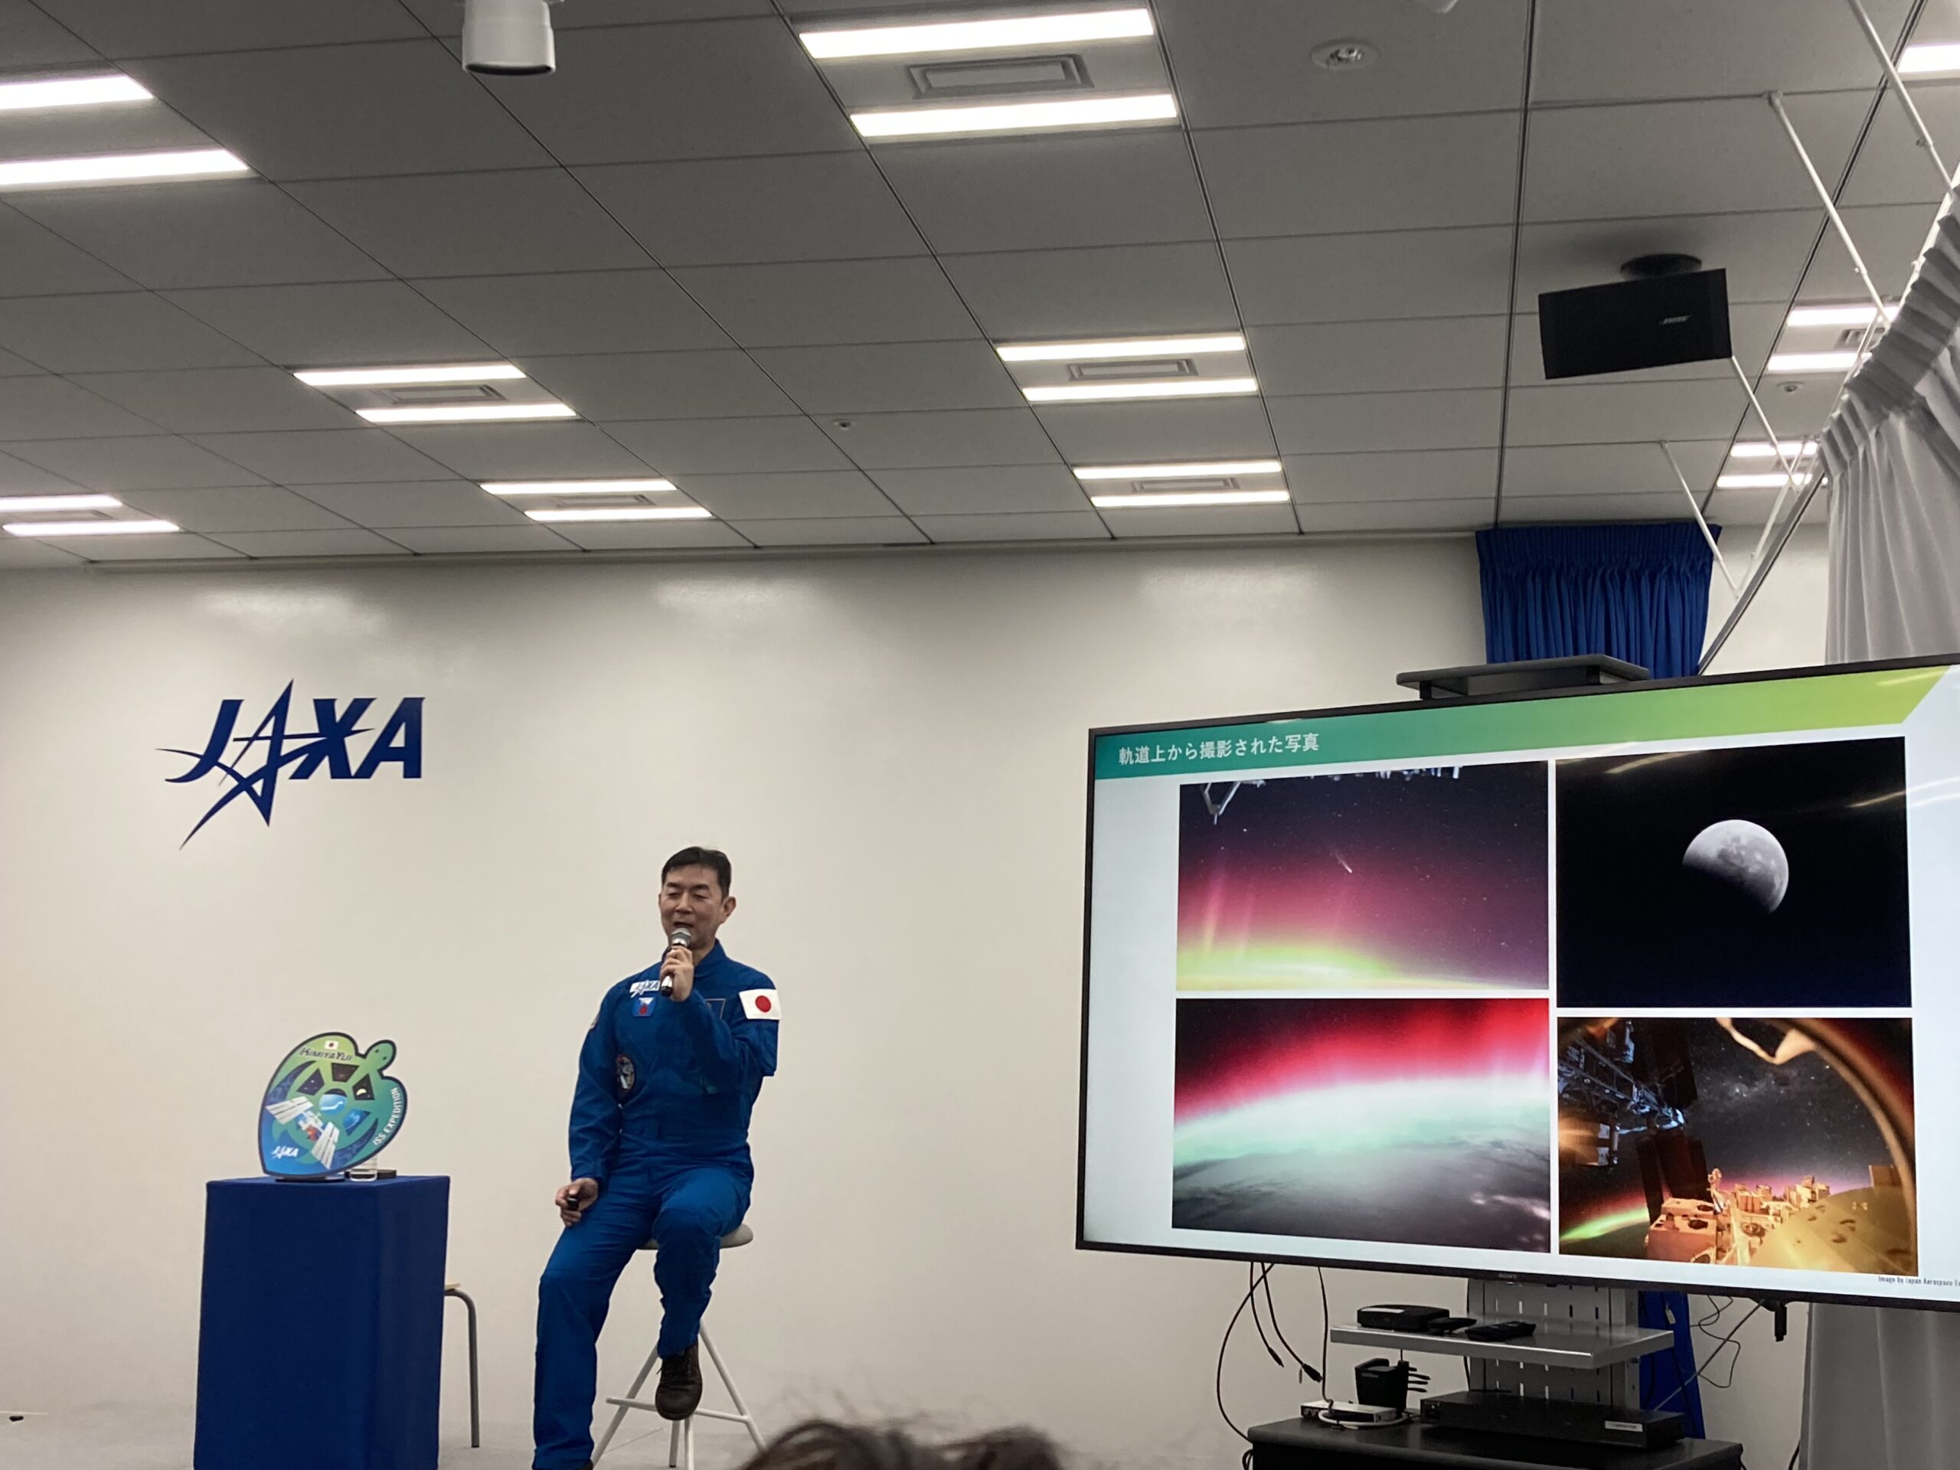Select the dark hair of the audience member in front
click(x=886, y=1449)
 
